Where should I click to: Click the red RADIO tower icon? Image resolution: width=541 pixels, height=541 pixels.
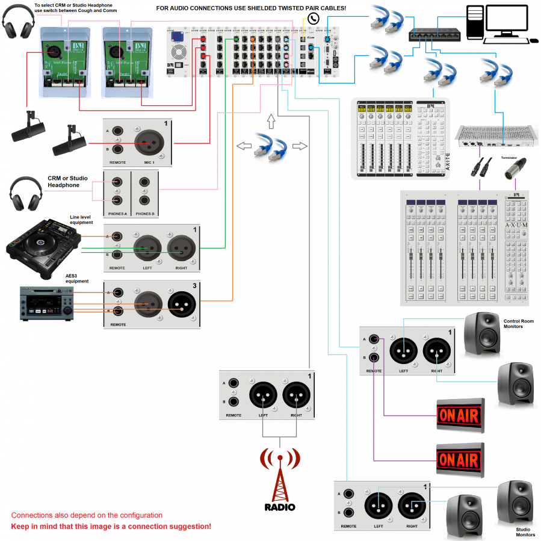click(280, 475)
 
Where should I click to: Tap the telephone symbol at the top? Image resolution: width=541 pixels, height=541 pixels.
click(313, 19)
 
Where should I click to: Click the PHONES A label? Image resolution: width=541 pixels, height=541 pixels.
click(117, 214)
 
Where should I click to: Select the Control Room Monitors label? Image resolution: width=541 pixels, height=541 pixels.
click(518, 324)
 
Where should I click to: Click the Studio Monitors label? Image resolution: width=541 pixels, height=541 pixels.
click(525, 532)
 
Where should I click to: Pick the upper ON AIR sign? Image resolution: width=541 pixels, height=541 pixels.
click(460, 415)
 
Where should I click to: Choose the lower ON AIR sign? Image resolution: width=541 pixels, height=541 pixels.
click(460, 461)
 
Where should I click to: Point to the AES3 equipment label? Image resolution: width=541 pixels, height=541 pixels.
click(76, 278)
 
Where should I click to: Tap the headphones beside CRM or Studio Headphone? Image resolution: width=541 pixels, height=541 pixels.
click(26, 192)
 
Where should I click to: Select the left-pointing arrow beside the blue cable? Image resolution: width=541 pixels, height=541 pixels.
click(244, 146)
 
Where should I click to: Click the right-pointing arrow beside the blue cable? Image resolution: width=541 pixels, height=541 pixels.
click(299, 146)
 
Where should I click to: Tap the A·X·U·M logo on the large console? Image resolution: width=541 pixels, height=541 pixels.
click(516, 225)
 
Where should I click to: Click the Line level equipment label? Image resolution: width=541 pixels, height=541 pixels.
click(81, 220)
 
